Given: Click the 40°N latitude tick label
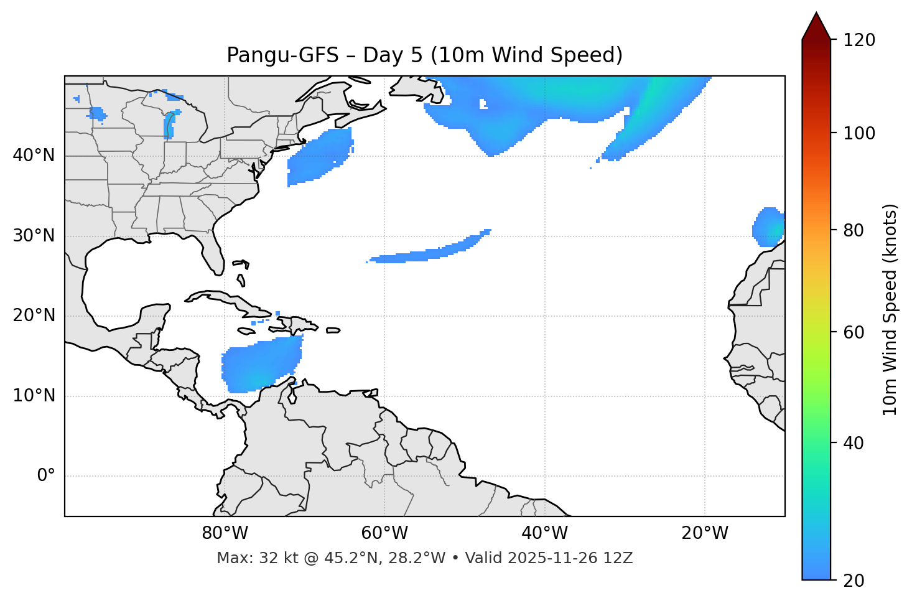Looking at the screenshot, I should coord(34,156).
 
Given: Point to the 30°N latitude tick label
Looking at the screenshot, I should coord(34,236).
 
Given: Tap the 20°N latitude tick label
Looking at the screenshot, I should coord(34,316).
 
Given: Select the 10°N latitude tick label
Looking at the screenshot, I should coord(34,396).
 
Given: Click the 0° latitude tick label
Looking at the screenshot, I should coord(46,476).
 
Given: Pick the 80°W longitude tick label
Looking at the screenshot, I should coord(225,533).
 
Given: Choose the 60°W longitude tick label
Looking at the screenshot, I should coord(384,533).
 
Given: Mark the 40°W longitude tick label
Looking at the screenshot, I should coord(544,533).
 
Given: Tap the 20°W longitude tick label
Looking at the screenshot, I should coord(704,533).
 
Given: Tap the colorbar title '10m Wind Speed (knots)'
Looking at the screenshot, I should coord(890,310).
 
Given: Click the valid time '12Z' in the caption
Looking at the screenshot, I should coord(620,558).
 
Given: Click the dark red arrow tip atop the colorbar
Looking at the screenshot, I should coord(816,25).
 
